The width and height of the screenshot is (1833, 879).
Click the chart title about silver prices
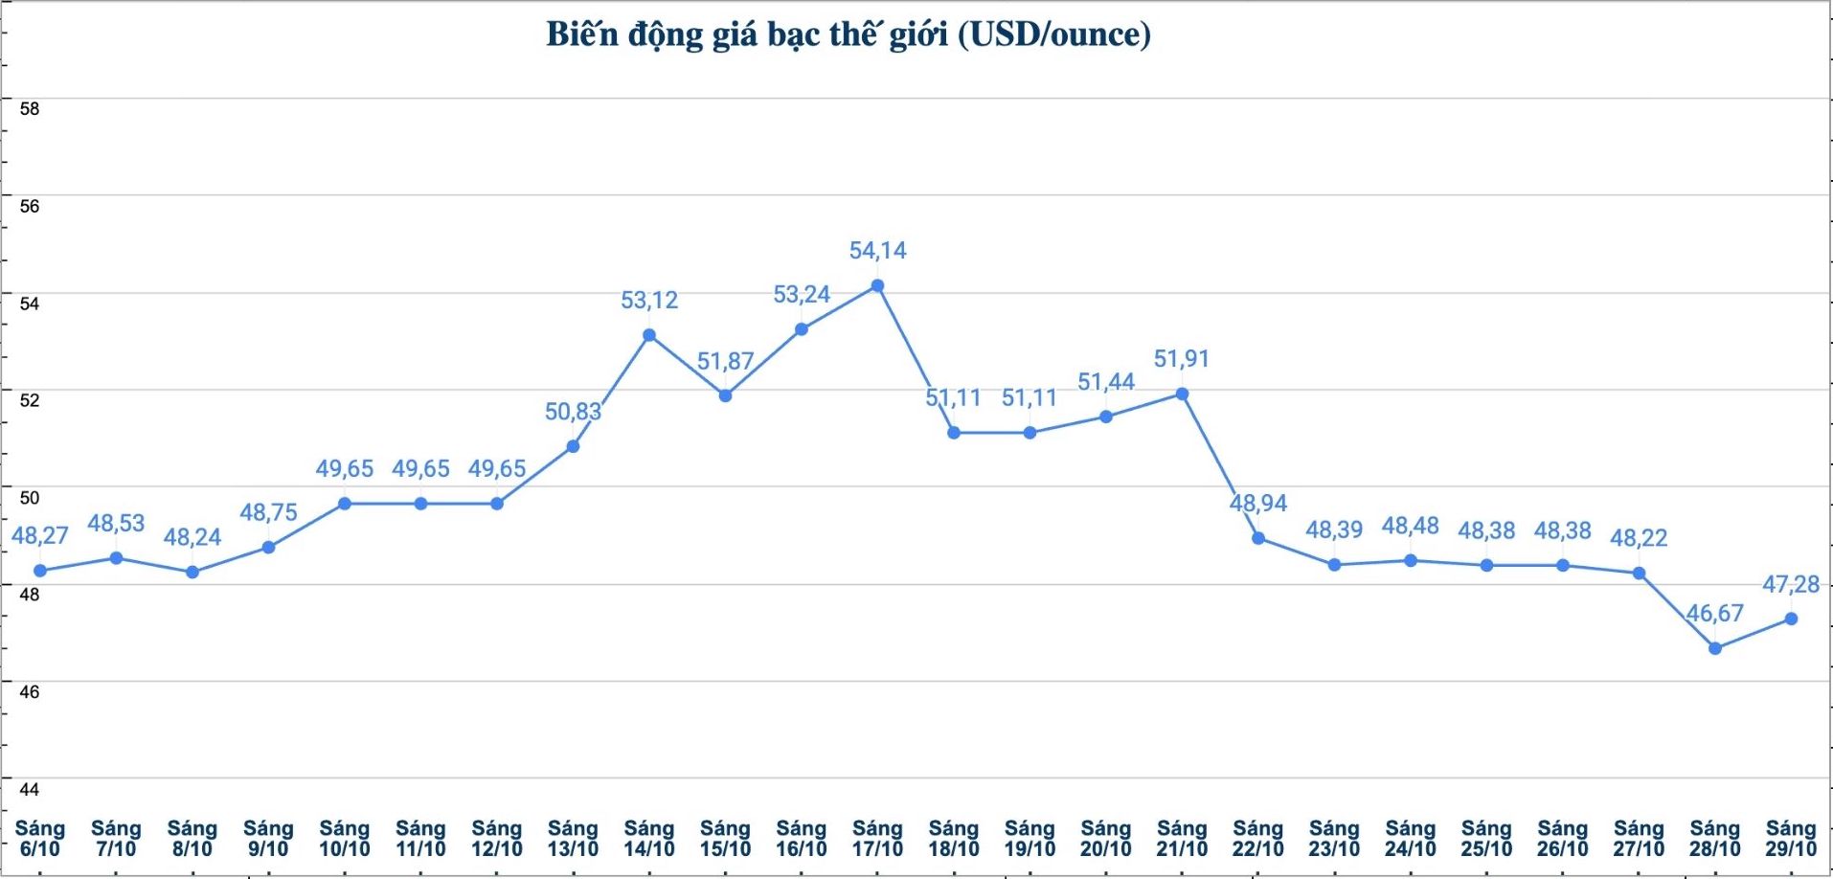[x=848, y=34]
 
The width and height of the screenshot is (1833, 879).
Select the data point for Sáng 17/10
[x=877, y=285]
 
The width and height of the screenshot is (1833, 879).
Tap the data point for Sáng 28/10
[x=1715, y=648]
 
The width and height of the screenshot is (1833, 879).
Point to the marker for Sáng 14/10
[x=649, y=335]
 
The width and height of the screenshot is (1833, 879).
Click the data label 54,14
[x=877, y=251]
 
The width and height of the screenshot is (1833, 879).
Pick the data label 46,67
[x=1714, y=613]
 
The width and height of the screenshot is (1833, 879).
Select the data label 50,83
[x=573, y=412]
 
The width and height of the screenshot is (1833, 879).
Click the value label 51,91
[x=1182, y=359]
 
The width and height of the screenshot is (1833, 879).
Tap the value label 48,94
[x=1258, y=504]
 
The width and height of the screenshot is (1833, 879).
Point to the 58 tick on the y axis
[x=30, y=109]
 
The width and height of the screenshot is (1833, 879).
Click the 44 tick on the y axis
[x=30, y=789]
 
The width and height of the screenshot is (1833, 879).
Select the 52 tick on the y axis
[x=30, y=400]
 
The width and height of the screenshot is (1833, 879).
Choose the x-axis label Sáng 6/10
[x=40, y=838]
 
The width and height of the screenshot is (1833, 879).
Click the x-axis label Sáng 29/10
[x=1791, y=838]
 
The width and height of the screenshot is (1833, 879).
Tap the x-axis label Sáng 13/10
[x=573, y=838]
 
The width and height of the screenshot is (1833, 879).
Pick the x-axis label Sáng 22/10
[x=1257, y=838]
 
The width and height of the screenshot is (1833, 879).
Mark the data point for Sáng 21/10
[x=1182, y=394]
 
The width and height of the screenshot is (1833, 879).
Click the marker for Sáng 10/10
[x=345, y=504]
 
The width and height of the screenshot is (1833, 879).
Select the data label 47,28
[x=1791, y=584]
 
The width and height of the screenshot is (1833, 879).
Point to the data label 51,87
[x=725, y=362]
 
